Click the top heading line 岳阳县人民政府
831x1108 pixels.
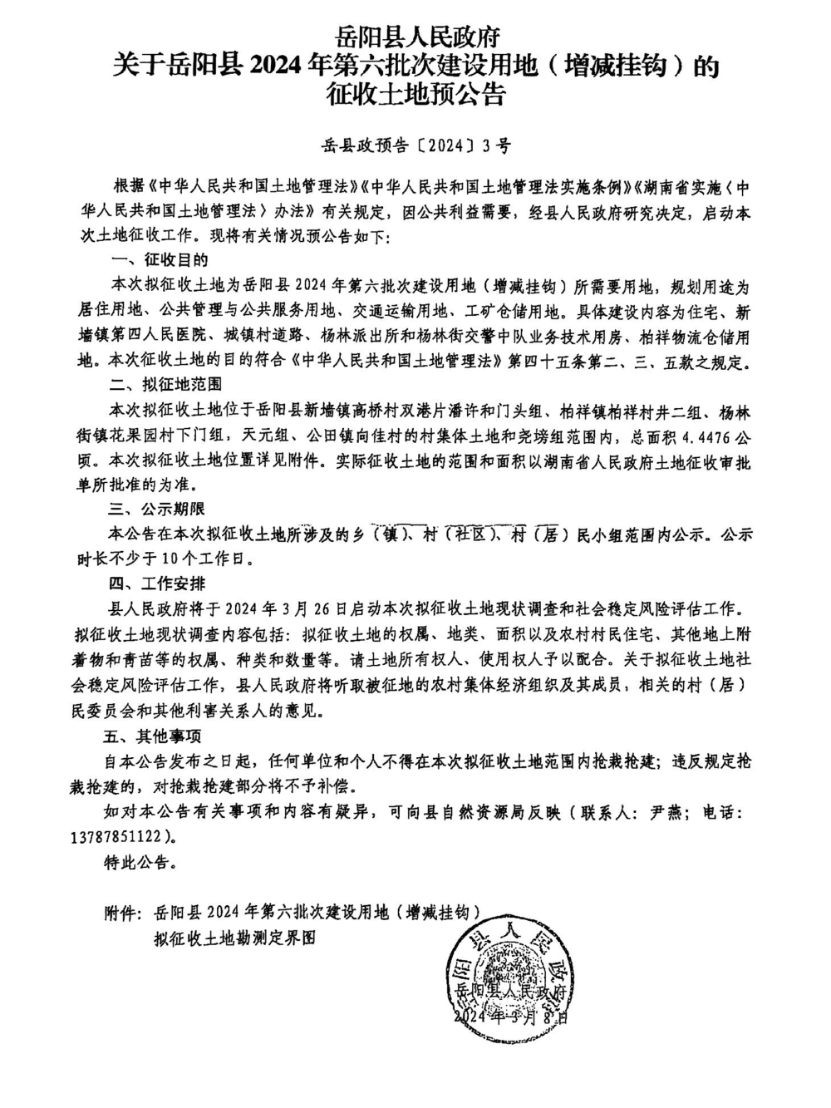415,37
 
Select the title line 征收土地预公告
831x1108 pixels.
415,95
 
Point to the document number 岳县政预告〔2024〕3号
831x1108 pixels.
415,146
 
